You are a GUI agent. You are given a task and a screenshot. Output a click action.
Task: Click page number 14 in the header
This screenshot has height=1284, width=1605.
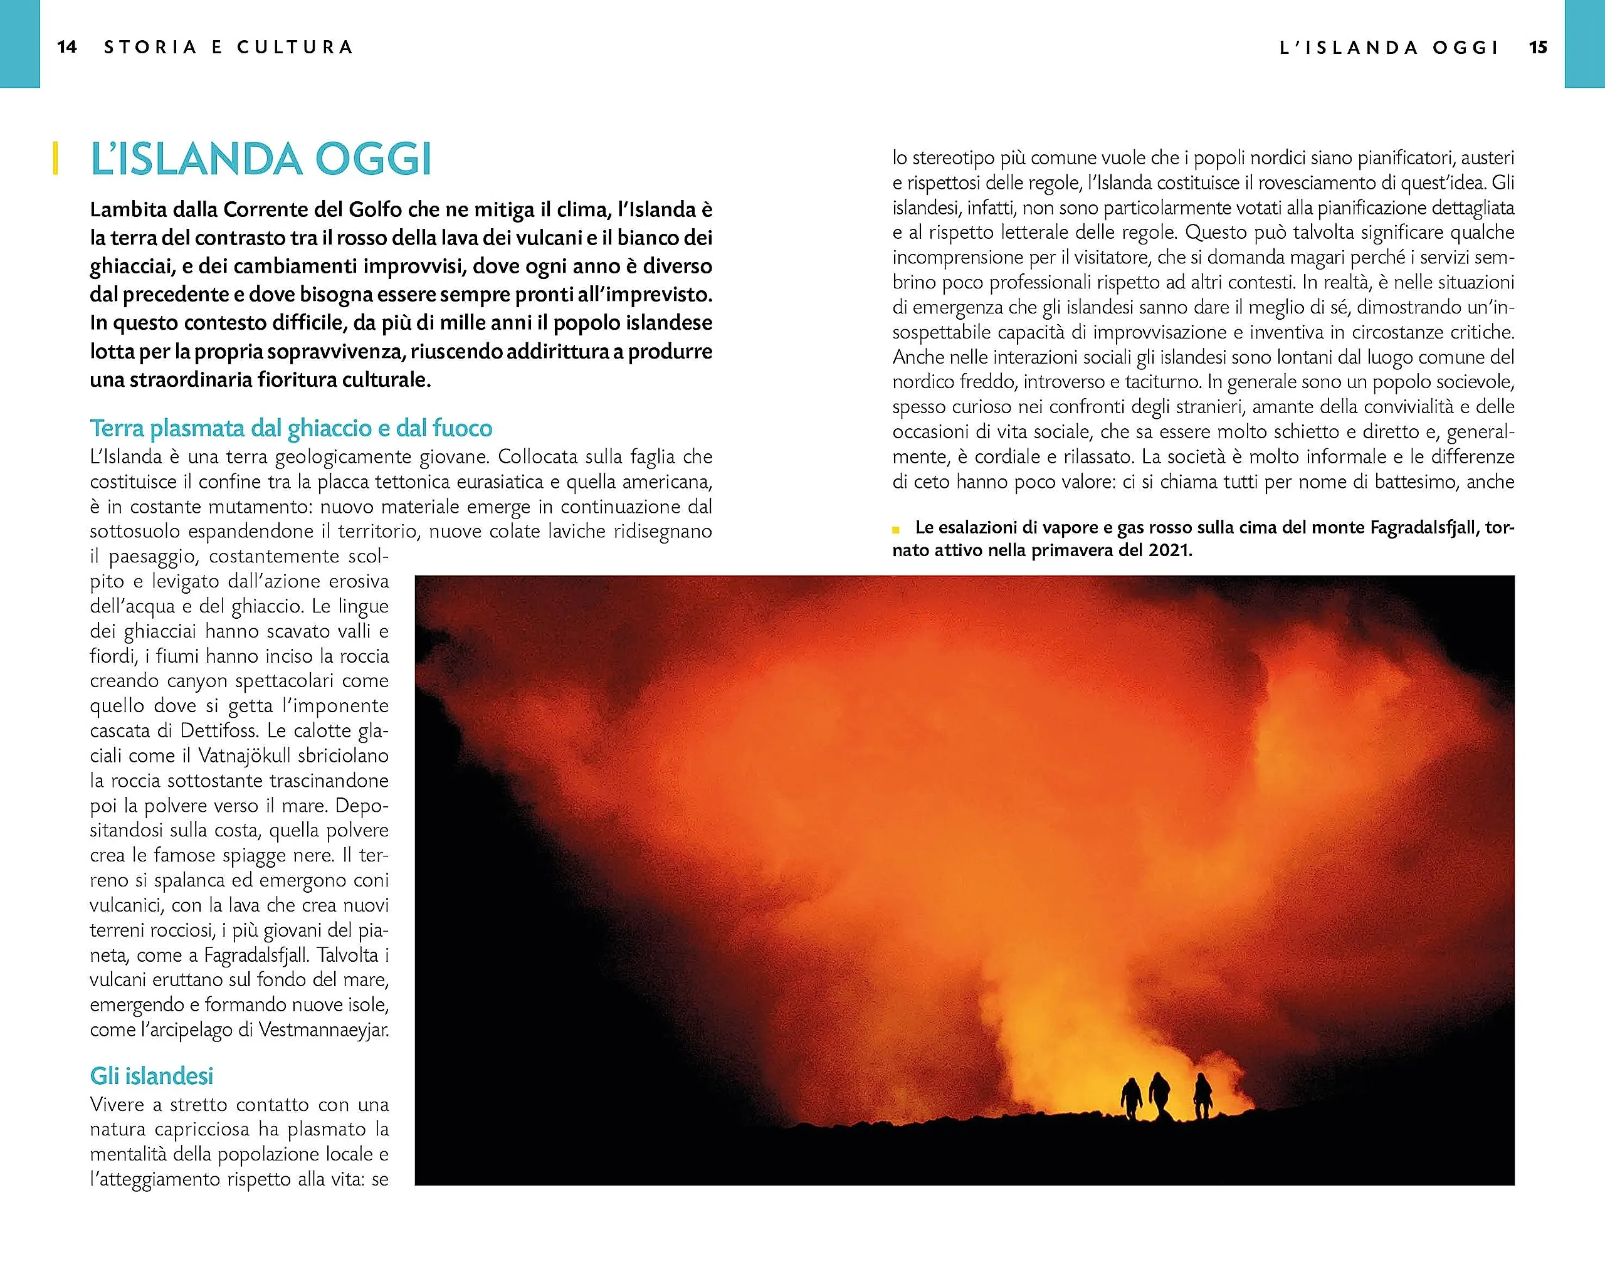pyautogui.click(x=67, y=47)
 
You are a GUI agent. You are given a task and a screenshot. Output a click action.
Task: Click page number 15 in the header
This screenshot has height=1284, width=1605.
pyautogui.click(x=1539, y=48)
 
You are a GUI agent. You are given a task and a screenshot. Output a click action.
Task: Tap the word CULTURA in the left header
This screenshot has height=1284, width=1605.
pyautogui.click(x=295, y=47)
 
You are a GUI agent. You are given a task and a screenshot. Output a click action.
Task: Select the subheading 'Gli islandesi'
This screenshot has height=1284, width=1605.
pyautogui.click(x=151, y=1076)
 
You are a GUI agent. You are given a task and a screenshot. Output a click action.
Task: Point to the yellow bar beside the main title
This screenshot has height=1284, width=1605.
pyautogui.click(x=55, y=159)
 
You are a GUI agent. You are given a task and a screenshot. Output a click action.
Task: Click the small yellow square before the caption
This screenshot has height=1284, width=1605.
pyautogui.click(x=897, y=529)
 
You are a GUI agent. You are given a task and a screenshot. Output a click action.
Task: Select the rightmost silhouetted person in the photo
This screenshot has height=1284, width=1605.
pyautogui.click(x=1202, y=1096)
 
